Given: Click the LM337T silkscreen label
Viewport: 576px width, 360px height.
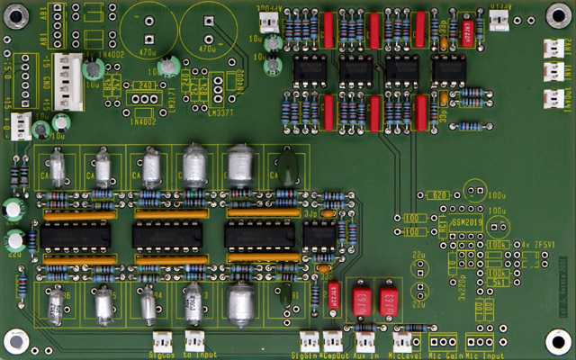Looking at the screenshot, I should [220, 112].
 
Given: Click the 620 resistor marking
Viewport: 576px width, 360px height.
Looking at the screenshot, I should [439, 195].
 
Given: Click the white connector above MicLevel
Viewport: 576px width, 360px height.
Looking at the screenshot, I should [402, 339].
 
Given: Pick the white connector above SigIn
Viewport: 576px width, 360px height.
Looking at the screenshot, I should [310, 339].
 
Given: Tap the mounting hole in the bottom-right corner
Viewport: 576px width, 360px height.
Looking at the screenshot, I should [557, 339].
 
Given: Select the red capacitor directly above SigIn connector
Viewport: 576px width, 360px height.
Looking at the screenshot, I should [333, 292].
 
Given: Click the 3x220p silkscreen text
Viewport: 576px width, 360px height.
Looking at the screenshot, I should [452, 288].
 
